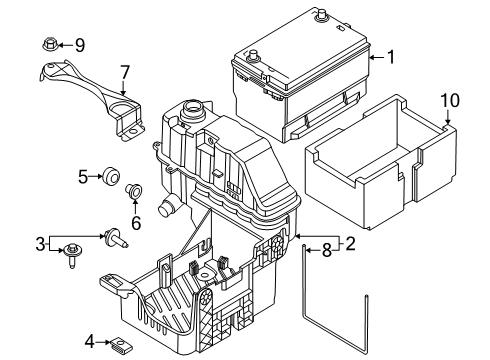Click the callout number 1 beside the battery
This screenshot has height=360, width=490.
coord(390,57)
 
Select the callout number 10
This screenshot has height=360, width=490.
coord(450,100)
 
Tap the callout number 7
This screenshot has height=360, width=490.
coord(125,72)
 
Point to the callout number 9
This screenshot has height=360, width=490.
coord(80,45)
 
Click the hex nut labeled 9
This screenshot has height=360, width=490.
coord(49,44)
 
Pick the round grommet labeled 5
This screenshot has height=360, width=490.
coord(110,176)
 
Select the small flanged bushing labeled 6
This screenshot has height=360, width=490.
coord(134,190)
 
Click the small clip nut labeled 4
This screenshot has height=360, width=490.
coord(122,345)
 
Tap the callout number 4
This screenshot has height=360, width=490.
coord(90,342)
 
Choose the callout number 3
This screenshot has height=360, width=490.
coord(40,244)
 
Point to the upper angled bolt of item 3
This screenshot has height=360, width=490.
coord(115,238)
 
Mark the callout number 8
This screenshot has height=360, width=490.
coord(327,250)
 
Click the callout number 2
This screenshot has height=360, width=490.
coord(350,244)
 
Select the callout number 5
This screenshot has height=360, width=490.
coord(83,177)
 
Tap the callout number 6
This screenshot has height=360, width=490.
coord(136,223)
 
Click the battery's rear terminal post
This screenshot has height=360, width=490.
coord(322,15)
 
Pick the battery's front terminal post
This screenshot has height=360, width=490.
coord(253,57)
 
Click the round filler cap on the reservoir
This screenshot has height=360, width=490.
coord(193,110)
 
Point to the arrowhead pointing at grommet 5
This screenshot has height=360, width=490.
coord(99,176)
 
